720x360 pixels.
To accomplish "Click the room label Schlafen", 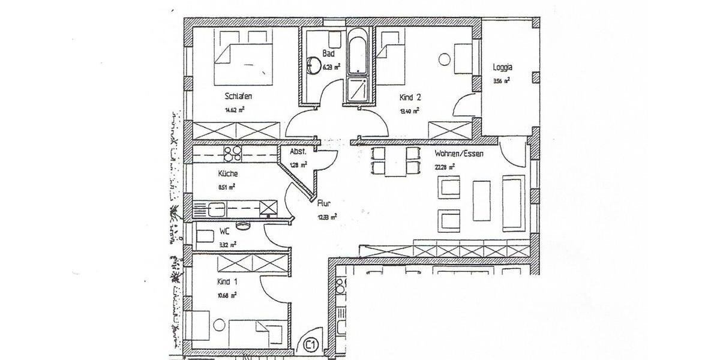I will pyautogui.click(x=238, y=96).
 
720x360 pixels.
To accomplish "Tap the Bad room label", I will pyautogui.click(x=328, y=53).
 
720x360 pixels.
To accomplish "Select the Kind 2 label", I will pyautogui.click(x=410, y=97).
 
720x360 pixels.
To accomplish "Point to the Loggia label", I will pyautogui.click(x=502, y=67).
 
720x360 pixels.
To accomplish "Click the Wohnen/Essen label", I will pyautogui.click(x=459, y=154).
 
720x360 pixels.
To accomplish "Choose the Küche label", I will pyautogui.click(x=228, y=173).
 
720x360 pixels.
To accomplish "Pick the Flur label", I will pyautogui.click(x=325, y=203).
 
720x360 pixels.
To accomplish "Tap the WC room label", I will pyautogui.click(x=224, y=230).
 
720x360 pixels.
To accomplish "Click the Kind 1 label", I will pyautogui.click(x=228, y=281).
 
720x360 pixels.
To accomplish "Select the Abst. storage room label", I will pyautogui.click(x=298, y=152).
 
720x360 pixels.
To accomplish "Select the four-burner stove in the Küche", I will pyautogui.click(x=232, y=154).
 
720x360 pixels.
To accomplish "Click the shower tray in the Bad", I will pyautogui.click(x=358, y=90).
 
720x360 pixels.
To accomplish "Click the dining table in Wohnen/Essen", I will pyautogui.click(x=395, y=161).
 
